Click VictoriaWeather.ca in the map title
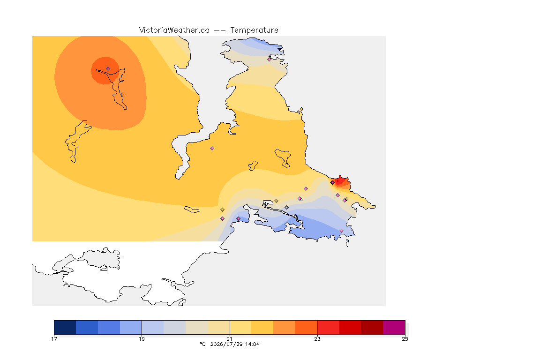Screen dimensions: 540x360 [174, 30]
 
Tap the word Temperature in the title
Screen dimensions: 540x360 [254, 30]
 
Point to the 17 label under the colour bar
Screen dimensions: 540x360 [54, 339]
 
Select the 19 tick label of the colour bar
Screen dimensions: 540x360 [142, 339]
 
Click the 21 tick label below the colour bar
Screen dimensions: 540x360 [229, 339]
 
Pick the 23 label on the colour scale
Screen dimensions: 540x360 [317, 339]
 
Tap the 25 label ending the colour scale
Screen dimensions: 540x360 [405, 339]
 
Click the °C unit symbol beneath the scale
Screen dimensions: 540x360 [202, 344]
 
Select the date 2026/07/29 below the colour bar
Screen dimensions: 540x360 [224, 344]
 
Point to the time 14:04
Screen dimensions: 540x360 [252, 344]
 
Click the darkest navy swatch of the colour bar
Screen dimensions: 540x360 [65, 327]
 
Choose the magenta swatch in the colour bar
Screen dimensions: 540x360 [394, 327]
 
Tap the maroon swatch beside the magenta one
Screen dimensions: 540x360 [372, 327]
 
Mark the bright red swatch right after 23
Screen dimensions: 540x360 [328, 327]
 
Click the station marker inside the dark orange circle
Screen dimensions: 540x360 [108, 68]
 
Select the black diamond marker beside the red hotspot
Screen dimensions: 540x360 [332, 183]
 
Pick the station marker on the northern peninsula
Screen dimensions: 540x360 [270, 59]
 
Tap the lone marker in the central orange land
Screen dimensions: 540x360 [212, 149]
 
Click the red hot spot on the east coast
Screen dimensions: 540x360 [342, 181]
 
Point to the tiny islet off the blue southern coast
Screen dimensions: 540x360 [347, 243]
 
